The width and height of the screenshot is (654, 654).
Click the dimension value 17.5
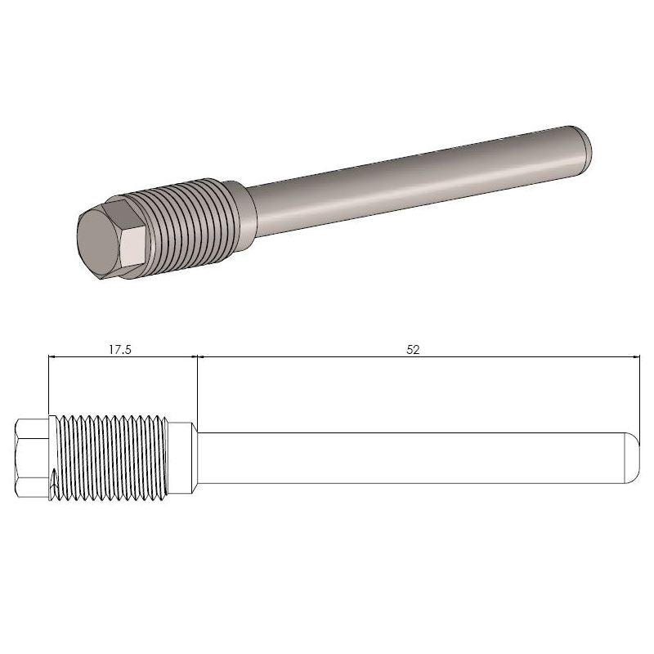tap(120, 349)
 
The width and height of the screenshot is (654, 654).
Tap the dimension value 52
tap(413, 349)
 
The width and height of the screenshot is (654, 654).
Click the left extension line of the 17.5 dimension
tap(48, 384)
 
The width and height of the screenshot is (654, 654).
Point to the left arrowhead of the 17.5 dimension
tap(53, 356)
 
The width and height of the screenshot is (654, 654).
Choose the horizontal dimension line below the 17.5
tap(123, 356)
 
